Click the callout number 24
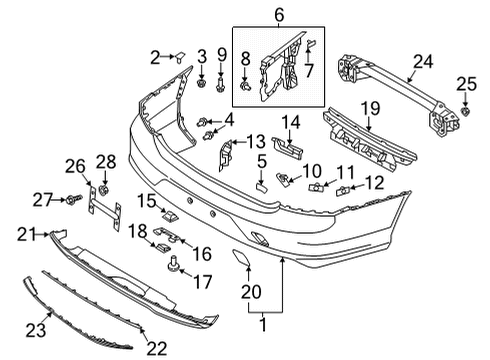(x=424, y=63)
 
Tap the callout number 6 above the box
(x=279, y=15)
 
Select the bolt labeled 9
(x=222, y=80)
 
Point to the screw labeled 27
(x=74, y=201)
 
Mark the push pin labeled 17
(x=175, y=265)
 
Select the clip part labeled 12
(x=345, y=187)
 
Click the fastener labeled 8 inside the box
(x=244, y=88)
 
